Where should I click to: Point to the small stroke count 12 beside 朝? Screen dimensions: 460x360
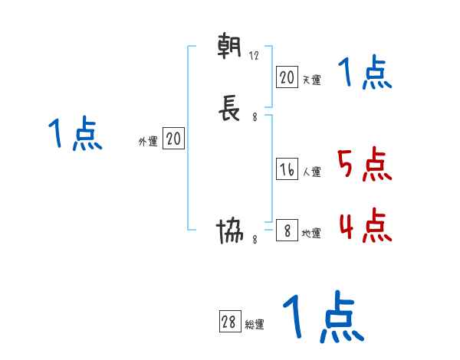[x=255, y=56]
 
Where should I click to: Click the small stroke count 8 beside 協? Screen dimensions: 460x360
[x=255, y=240]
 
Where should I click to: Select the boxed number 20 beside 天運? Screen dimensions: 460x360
[x=287, y=77]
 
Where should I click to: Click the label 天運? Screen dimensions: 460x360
[x=311, y=80]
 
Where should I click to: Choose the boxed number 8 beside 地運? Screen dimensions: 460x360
[x=287, y=231]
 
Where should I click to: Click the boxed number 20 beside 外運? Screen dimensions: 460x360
[x=173, y=139]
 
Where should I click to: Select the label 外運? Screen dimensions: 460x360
[x=148, y=142]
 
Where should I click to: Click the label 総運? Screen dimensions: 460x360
[x=255, y=325]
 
